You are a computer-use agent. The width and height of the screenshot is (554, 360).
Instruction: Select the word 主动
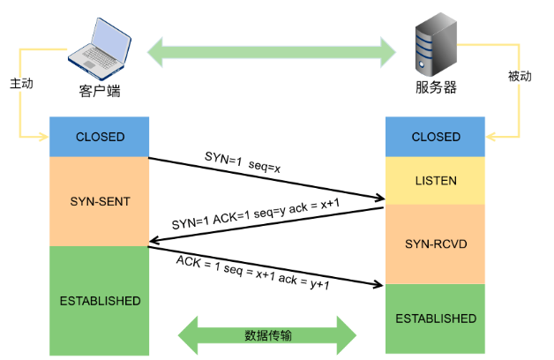tap(21, 84)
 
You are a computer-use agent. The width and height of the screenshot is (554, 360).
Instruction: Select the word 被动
tap(520, 77)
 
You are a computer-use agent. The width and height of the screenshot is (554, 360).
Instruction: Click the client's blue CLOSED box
tap(100, 137)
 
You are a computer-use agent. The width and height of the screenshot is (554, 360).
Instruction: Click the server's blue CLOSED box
tap(436, 137)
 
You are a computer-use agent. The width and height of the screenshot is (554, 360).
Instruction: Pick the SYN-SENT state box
tap(100, 201)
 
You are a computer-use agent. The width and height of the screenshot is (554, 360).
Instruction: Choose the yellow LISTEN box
tap(436, 181)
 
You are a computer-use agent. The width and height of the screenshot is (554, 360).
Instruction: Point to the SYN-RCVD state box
tap(436, 243)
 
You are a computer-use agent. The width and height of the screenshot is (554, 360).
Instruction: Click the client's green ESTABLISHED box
tap(100, 301)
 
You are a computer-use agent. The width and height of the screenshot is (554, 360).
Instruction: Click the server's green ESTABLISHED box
tap(436, 318)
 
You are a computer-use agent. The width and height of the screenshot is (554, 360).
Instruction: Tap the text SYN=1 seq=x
tap(243, 161)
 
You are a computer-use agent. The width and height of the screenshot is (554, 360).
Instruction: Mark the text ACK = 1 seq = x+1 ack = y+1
tap(252, 274)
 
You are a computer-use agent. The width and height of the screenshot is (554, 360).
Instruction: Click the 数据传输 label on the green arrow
tap(267, 335)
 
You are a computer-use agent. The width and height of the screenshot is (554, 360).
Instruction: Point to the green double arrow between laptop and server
tap(270, 50)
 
